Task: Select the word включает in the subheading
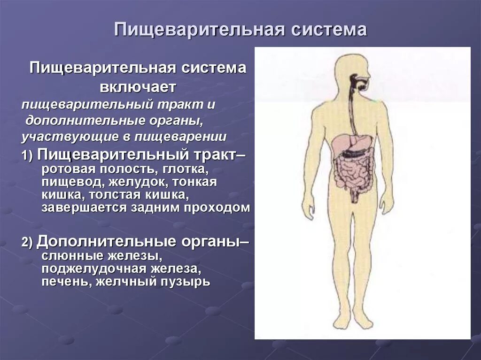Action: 138,87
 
